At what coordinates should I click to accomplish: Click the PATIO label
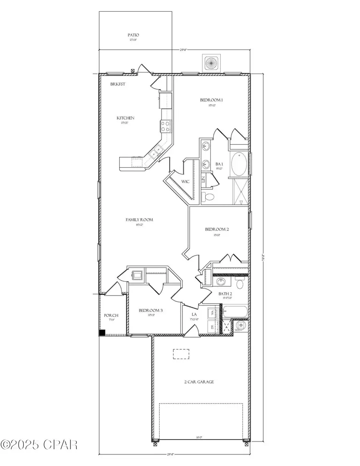click(134, 35)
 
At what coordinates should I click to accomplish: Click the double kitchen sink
click(156, 152)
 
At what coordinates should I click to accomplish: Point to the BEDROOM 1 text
click(212, 100)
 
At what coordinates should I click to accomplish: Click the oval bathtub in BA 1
click(239, 164)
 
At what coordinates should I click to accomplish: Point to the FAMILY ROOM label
click(139, 220)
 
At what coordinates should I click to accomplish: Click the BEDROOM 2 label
click(217, 229)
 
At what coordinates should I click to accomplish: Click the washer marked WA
click(212, 313)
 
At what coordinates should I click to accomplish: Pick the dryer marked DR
click(212, 327)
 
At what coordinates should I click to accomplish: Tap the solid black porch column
click(102, 332)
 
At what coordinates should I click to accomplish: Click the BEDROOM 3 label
click(150, 310)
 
